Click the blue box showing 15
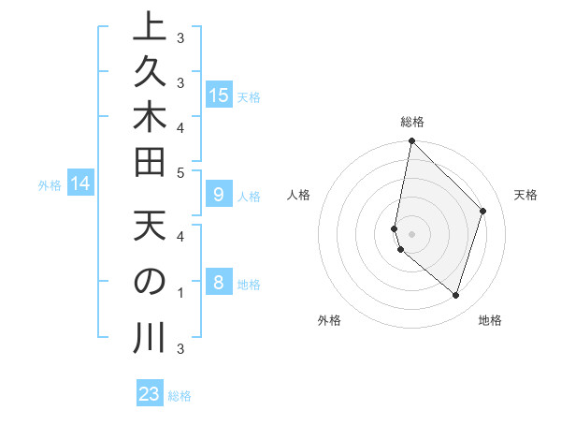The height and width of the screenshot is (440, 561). tap(219, 95)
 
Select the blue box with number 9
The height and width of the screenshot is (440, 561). tap(219, 195)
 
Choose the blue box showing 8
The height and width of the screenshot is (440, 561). tap(219, 283)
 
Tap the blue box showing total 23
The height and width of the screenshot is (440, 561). tap(150, 394)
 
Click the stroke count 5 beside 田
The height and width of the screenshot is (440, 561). tap(180, 171)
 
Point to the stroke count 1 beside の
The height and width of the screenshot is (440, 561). tap(180, 293)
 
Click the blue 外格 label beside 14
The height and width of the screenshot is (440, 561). tap(50, 185)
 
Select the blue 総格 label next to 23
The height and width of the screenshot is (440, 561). tap(180, 396)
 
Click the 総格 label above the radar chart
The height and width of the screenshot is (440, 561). tap(411, 122)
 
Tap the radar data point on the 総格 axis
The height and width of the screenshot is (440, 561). tap(411, 141)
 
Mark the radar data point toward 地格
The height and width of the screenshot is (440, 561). tap(455, 295)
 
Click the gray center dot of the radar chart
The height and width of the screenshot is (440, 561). tap(411, 233)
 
